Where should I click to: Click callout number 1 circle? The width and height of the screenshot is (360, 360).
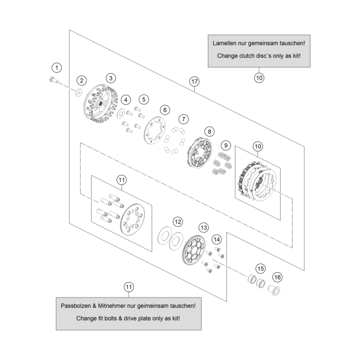[x=58, y=67]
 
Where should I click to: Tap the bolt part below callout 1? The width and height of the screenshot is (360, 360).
[x=53, y=80]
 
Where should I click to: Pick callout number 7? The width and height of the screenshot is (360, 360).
[x=183, y=119]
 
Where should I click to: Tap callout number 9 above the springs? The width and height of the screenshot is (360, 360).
[x=225, y=145]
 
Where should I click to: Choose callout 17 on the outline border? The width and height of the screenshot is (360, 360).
[x=194, y=81]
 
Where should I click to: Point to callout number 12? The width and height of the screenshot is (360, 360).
[x=178, y=221]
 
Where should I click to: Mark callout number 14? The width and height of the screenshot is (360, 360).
[x=217, y=239]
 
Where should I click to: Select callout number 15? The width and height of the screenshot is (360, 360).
[x=261, y=268]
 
